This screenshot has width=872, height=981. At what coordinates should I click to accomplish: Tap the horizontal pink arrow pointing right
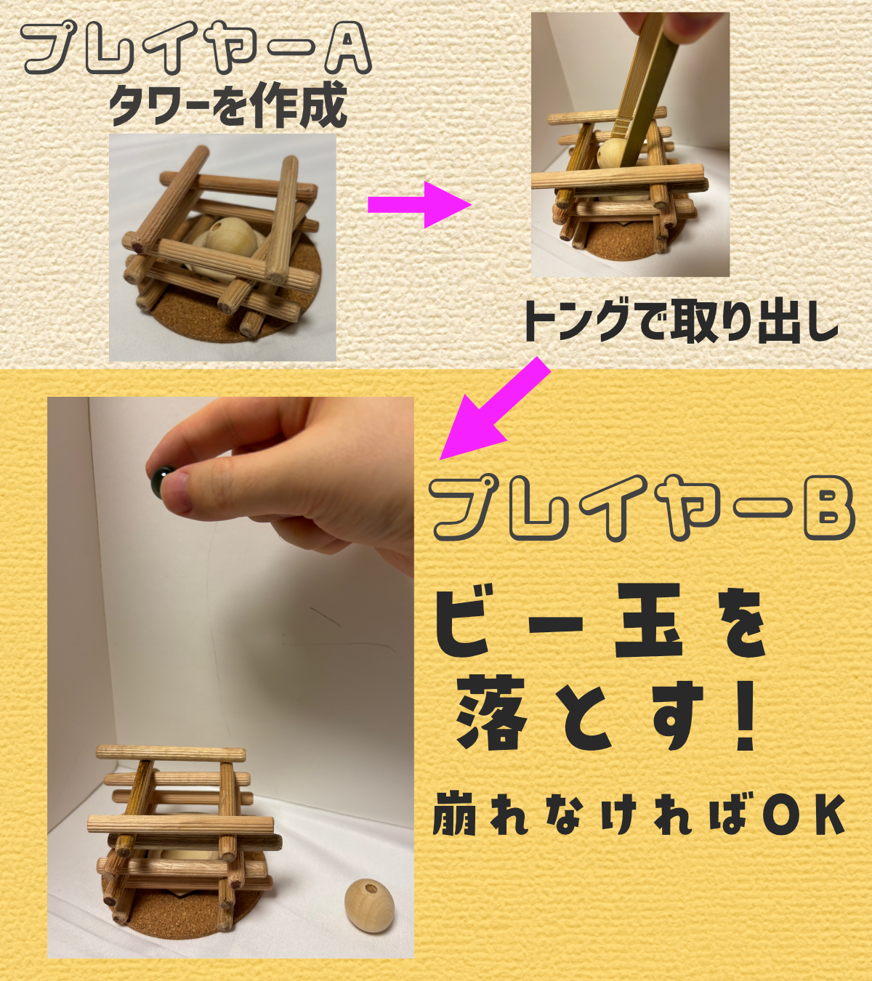point(419,204)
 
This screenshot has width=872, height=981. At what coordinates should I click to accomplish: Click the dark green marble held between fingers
point(161,480)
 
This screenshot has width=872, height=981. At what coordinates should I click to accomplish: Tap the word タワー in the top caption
point(161,105)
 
